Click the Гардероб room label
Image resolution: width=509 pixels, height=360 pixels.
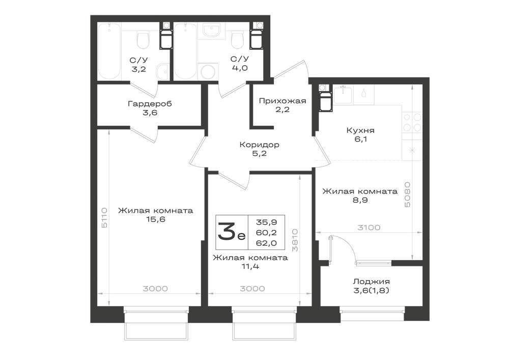150,104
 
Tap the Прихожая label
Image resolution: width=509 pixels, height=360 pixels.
282,101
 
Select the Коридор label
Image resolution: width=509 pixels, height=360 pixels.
260,145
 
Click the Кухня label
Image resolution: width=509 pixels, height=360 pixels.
360,130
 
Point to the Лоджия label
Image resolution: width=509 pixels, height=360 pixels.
372,282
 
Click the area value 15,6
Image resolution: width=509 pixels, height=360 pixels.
156,219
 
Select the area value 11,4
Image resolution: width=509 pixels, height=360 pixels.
250,266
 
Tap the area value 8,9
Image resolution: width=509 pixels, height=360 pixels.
360,200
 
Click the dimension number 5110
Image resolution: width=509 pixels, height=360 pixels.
104,217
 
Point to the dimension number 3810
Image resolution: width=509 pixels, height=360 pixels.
294,240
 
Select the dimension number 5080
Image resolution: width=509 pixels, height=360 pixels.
407,195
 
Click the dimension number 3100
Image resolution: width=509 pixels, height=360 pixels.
369,228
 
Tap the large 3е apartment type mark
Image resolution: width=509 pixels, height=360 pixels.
232,232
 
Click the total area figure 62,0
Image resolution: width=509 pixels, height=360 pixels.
267,243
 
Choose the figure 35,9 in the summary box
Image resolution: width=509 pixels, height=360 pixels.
267,223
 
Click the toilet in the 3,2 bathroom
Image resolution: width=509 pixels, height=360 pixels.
143,40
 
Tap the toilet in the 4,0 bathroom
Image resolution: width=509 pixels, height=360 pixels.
238,40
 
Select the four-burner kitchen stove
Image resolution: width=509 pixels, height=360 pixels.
412,122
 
